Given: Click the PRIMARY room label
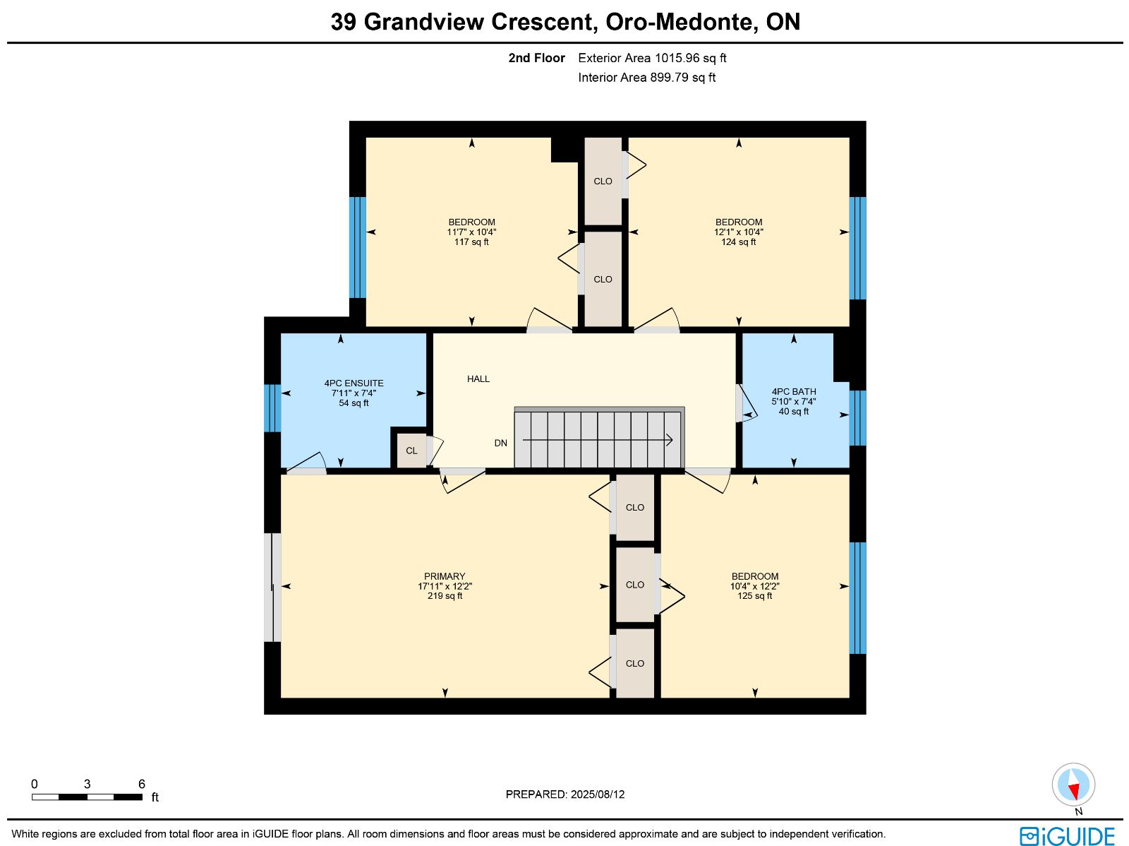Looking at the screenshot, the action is click(x=445, y=576).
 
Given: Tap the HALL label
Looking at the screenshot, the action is click(x=478, y=379).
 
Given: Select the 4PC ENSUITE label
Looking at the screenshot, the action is click(x=354, y=383).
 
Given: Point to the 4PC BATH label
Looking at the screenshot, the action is click(x=794, y=392).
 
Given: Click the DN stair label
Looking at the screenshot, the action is click(x=500, y=443).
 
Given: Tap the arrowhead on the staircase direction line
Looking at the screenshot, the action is click(x=669, y=440).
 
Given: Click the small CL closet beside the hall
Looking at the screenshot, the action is click(x=411, y=451).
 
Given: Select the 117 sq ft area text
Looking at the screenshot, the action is click(x=471, y=242).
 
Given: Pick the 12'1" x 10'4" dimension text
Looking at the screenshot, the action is click(x=738, y=232).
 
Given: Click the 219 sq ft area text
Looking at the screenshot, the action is click(x=445, y=596).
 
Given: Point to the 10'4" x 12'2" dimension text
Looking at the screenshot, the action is click(x=754, y=586).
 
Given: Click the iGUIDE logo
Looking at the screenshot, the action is click(x=1068, y=835).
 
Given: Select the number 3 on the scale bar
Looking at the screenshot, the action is click(x=87, y=784).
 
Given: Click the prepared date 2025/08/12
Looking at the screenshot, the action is click(x=598, y=794).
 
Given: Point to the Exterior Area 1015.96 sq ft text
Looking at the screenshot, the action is click(x=652, y=58).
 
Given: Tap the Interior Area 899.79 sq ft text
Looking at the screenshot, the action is click(x=646, y=78).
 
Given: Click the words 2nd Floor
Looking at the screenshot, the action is click(x=536, y=58).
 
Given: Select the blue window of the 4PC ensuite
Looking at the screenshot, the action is click(x=272, y=408).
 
